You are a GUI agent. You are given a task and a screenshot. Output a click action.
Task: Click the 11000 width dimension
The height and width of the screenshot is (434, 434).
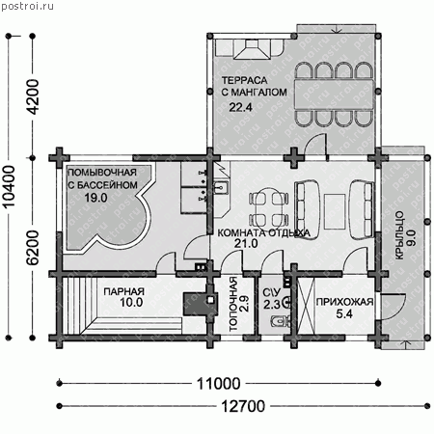pyautogui.click(x=218, y=384)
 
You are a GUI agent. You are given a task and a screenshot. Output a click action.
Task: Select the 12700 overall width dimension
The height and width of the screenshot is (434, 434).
pyautogui.click(x=243, y=406)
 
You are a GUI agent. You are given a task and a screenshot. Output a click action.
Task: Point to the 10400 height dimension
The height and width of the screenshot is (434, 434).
pyautogui.click(x=9, y=187)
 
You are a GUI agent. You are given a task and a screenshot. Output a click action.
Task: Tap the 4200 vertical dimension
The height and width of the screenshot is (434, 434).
pyautogui.click(x=32, y=97)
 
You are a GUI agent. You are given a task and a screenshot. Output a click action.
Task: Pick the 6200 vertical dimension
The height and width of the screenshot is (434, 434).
pyautogui.click(x=32, y=248)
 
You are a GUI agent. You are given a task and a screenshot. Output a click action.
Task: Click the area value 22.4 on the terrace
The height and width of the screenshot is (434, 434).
pyautogui.click(x=240, y=107)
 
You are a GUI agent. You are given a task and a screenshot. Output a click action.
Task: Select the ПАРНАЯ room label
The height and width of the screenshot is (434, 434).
pyautogui.click(x=123, y=291)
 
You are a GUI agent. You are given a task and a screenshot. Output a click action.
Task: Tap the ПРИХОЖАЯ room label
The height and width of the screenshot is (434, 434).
pyautogui.click(x=344, y=302)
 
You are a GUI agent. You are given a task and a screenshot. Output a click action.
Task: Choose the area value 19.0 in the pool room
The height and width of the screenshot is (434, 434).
pyautogui.click(x=95, y=198)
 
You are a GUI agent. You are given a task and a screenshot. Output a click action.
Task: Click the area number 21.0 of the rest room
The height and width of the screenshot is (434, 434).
pyautogui.click(x=246, y=244)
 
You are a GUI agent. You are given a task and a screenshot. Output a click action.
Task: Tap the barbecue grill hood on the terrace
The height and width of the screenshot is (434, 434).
pyautogui.click(x=252, y=49)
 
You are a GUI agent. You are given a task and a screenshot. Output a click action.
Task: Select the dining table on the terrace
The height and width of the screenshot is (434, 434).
pyautogui.click(x=334, y=95)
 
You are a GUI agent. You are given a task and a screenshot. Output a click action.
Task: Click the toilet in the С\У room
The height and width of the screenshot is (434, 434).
pyautogui.click(x=281, y=320)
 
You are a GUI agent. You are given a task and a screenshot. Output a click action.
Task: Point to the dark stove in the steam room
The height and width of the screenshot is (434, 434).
pyautogui.click(x=195, y=303)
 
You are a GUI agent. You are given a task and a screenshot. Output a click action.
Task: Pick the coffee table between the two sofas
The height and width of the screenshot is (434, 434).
pyautogui.click(x=335, y=211)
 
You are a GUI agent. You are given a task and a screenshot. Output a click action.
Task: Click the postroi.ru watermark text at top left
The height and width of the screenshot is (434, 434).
pyautogui.click(x=27, y=6)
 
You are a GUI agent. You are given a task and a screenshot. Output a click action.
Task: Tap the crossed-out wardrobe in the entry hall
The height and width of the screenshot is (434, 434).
pyautogui.click(x=306, y=306)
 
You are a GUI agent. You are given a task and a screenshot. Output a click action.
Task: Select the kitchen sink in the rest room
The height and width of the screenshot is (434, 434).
pyautogui.click(x=221, y=187)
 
